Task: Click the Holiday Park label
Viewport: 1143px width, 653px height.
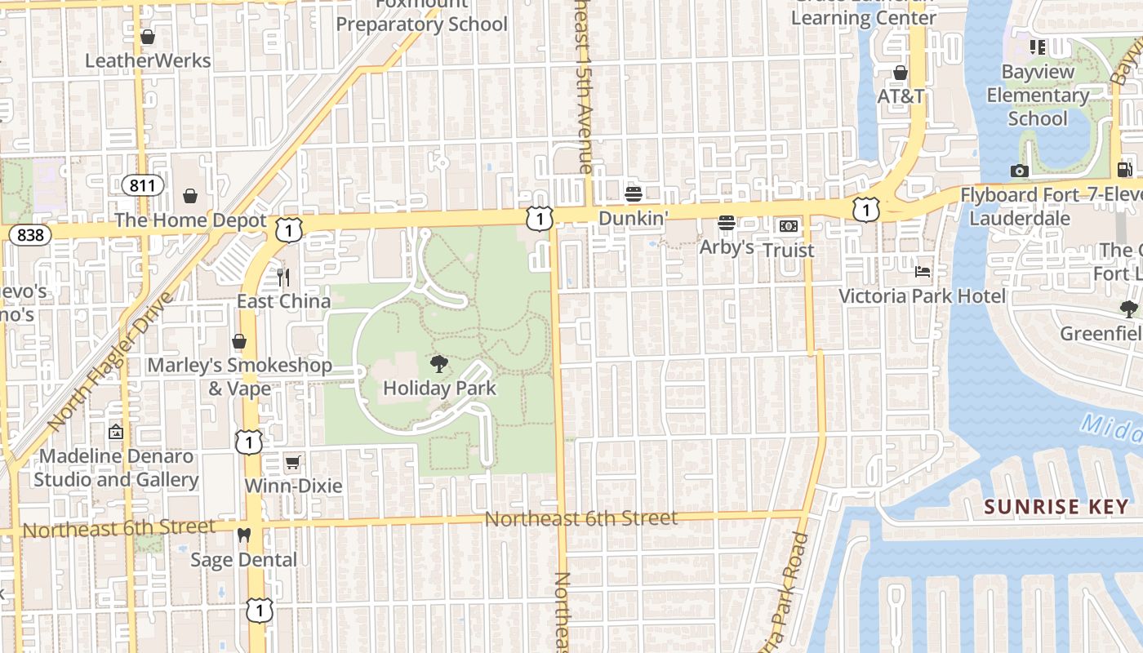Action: pos(439,389)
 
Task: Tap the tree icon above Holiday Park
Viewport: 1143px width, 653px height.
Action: pos(439,364)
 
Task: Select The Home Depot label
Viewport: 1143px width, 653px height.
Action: pos(190,220)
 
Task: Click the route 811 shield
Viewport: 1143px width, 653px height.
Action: pos(142,185)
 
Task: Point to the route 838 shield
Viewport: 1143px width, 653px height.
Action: pos(30,235)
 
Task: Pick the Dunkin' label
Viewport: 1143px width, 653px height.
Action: pos(634,218)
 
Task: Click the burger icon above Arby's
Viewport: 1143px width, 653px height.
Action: pos(727,223)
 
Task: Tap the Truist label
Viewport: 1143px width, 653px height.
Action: pos(788,250)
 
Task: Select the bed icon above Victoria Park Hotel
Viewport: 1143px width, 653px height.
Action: pos(923,271)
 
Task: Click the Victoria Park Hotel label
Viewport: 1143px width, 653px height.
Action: pos(923,295)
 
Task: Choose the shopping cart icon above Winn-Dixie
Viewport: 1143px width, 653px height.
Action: pos(292,463)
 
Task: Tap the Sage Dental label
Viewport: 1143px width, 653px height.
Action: pos(243,560)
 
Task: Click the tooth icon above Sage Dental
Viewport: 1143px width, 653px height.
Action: pos(242,535)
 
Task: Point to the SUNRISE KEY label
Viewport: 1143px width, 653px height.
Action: pos(1056,506)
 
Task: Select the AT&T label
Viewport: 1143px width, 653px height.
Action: pos(901,96)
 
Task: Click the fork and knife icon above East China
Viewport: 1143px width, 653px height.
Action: pos(283,278)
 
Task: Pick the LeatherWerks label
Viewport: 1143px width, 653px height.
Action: pos(148,60)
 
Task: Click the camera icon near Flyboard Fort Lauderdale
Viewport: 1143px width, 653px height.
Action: pos(1019,171)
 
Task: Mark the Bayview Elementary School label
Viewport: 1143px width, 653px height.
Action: pos(1038,96)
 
